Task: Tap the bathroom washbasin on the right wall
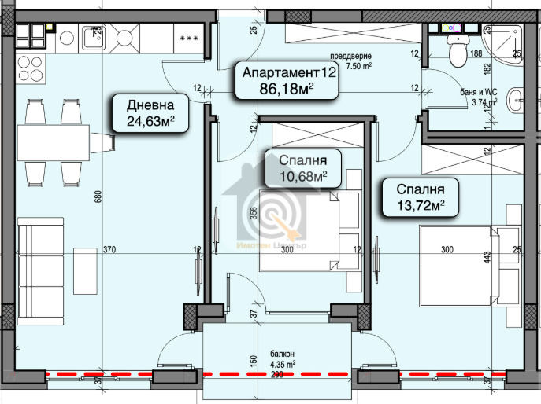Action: pos(516,100)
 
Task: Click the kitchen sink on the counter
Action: pos(94,37)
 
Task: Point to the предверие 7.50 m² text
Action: pos(350,61)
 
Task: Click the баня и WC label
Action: pos(478,97)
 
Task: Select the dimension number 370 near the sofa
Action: pos(109,250)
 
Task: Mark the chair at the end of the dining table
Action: pos(104,142)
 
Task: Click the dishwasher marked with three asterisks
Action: pos(189,37)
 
